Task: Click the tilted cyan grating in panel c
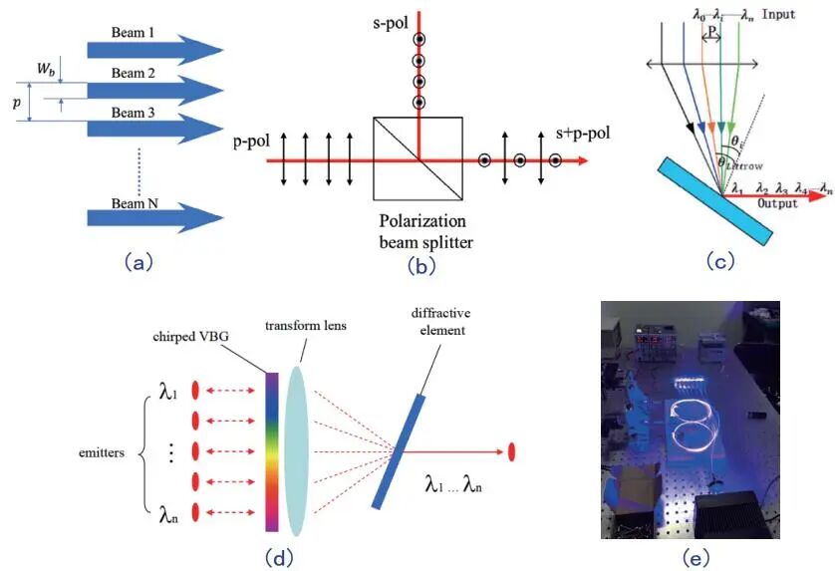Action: click(x=714, y=199)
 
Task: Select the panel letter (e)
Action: click(x=695, y=556)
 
